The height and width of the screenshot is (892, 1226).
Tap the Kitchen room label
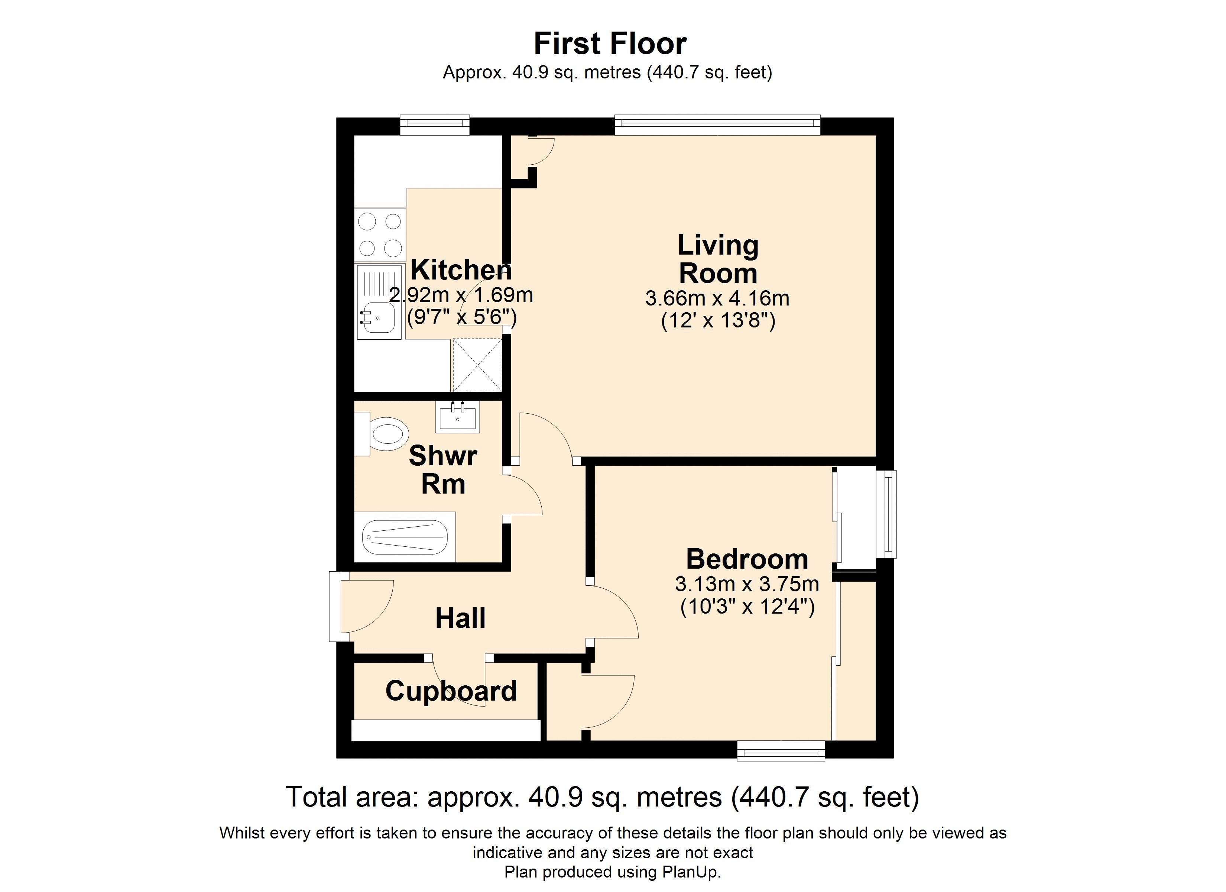461,269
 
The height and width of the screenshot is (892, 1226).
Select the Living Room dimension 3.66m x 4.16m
717,298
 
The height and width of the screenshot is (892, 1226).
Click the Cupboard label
451,691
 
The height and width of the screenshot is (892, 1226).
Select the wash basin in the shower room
457,417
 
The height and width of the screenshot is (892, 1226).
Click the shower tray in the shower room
404,537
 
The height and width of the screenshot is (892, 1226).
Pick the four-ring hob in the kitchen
380,235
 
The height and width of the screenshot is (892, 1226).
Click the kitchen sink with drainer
379,302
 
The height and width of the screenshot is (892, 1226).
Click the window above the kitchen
435,125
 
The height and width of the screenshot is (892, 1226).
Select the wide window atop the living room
717,125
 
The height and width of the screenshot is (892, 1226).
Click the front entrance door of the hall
335,607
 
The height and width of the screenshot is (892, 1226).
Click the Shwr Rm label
443,469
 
